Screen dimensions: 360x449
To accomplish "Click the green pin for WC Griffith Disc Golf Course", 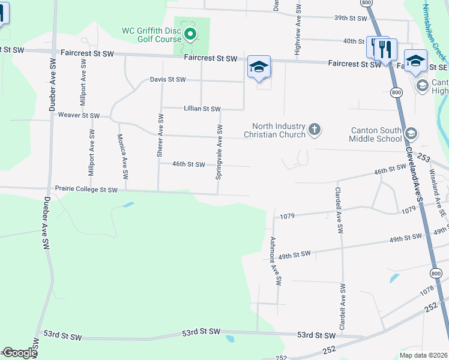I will point(190,34).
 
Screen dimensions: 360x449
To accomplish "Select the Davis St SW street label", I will point(167,79).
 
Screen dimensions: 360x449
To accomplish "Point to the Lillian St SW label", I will point(201,109).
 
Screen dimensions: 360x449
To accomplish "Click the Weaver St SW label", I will point(79,115).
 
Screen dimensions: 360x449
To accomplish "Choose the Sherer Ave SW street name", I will point(160,136).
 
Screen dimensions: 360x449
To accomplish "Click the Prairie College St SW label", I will point(86,189).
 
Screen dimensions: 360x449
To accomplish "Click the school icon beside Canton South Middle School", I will point(411,134).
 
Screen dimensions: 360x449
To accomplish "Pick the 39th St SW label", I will point(351,18).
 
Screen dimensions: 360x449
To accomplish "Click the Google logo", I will point(20,353).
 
